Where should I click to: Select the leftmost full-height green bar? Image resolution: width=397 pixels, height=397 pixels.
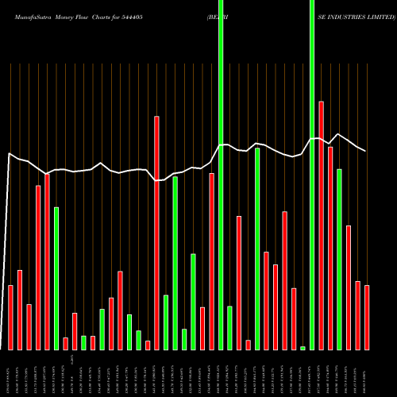(x=221, y=175)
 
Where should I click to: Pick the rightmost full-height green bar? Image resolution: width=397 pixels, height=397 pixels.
(x=312, y=175)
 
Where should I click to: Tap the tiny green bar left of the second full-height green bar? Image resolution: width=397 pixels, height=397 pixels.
(x=303, y=348)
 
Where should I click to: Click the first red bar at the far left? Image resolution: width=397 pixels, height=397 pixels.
(x=10, y=317)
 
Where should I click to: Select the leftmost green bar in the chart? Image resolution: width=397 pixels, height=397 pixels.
(x=56, y=278)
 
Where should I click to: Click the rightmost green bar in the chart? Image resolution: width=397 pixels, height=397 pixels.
(x=339, y=259)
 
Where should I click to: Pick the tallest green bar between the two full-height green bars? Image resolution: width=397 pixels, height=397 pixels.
(x=257, y=249)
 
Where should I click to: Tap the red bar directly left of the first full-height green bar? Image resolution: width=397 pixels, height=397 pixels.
(x=212, y=261)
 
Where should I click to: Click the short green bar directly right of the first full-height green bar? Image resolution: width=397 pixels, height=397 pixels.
(x=230, y=327)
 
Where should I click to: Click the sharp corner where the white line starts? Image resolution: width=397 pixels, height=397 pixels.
(x=9, y=153)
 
